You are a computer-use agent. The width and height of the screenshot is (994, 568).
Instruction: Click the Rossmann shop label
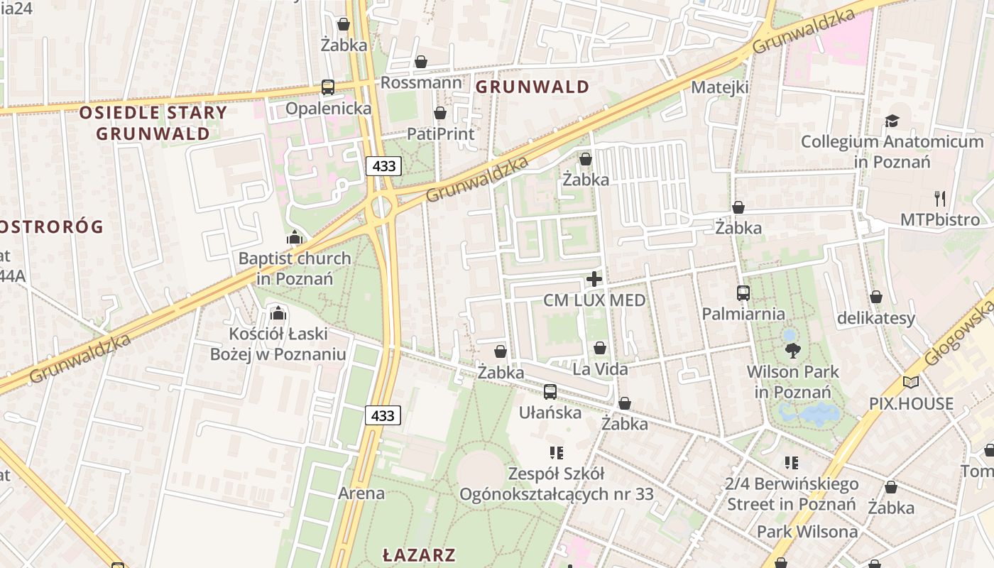421,82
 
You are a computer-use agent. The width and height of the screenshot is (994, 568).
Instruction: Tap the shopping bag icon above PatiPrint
440,113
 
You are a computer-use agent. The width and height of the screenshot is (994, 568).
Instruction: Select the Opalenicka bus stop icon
327,87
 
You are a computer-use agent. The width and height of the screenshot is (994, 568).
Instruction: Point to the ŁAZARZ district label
418,555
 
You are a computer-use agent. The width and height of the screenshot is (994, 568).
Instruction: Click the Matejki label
720,87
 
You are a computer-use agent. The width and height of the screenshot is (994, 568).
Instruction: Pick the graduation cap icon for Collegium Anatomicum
892,121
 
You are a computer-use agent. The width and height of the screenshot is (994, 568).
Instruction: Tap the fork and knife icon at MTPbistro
940,199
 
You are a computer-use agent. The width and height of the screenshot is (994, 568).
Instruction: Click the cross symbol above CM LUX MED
594,280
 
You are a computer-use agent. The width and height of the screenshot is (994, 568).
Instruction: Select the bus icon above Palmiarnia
743,293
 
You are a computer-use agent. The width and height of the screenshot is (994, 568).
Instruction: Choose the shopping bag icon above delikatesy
876,297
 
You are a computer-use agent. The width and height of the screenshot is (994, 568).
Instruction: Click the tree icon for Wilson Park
792,350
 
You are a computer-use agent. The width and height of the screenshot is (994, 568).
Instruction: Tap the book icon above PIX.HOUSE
911,383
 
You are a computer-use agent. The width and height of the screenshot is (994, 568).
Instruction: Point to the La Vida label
600,369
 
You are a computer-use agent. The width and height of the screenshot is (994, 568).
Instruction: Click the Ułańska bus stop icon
550,392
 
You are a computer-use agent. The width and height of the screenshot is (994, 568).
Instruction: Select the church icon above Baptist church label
294,237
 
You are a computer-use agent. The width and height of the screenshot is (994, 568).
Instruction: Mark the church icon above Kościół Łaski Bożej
278,313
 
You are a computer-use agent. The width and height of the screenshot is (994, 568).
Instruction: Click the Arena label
361,493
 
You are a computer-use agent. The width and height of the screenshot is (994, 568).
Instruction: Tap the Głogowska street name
958,330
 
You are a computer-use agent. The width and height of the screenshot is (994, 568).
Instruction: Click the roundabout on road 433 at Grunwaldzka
381,207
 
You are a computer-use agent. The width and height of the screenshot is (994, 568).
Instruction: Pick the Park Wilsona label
807,532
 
